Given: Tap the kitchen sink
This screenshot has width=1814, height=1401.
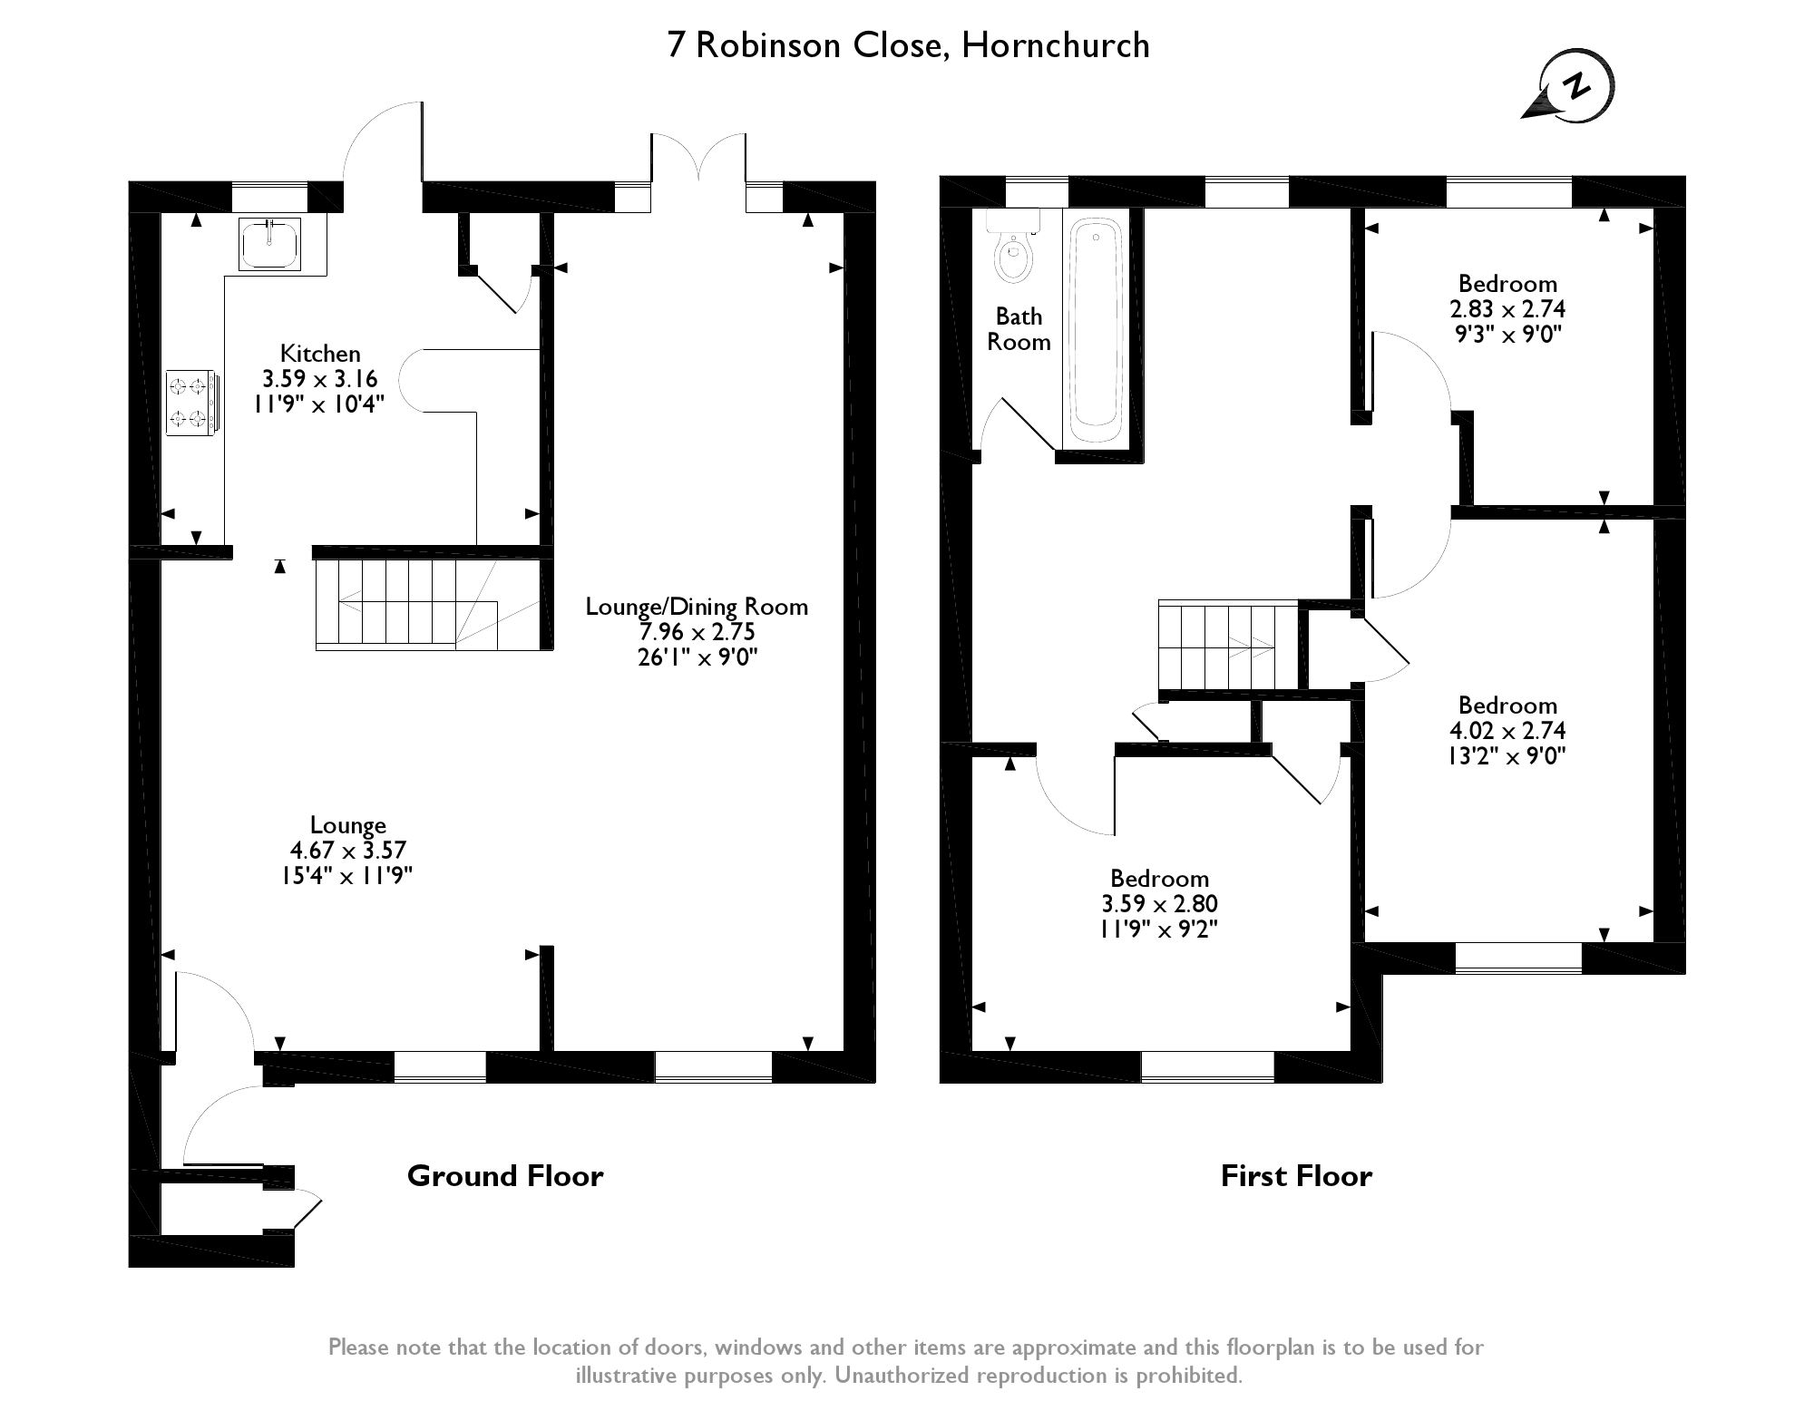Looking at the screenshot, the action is tap(269, 244).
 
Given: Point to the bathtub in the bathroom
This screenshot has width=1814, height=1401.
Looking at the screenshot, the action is tap(1097, 326).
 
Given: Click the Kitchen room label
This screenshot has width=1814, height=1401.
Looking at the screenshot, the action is tap(320, 354).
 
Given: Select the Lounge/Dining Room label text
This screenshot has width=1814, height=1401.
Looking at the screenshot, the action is tap(697, 607).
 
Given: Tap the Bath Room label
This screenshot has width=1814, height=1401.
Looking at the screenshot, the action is tap(1019, 329).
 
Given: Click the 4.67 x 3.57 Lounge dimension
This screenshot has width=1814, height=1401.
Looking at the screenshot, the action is tap(347, 851).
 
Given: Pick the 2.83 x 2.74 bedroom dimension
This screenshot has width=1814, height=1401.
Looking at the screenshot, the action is tap(1507, 309).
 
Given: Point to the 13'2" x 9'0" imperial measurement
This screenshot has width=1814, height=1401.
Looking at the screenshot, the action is tap(1507, 756).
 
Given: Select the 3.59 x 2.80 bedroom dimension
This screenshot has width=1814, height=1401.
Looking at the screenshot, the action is tap(1159, 904).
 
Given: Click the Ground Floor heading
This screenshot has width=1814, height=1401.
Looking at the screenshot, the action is tap(505, 1176).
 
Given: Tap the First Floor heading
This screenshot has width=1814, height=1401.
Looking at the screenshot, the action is tap(1296, 1176).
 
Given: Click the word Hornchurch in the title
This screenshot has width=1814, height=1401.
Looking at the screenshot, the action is tap(1056, 45).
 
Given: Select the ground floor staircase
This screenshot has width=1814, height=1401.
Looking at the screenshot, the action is tap(408, 604).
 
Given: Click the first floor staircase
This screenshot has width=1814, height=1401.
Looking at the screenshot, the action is tap(1229, 645).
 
